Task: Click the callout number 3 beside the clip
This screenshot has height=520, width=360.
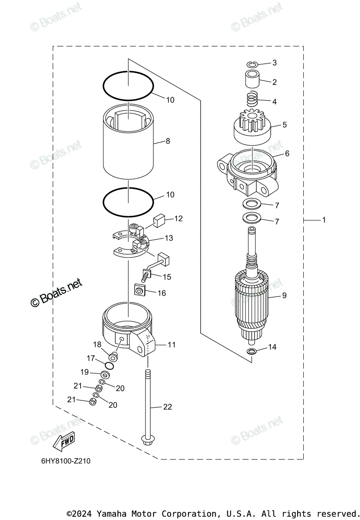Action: point(274,63)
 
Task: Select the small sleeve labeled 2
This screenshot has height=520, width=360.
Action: point(252,80)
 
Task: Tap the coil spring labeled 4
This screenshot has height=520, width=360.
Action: point(252,101)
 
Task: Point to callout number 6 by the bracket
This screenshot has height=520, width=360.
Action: point(287,153)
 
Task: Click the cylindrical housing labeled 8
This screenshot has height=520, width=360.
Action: point(128,143)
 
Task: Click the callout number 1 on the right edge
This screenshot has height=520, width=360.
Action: point(323,220)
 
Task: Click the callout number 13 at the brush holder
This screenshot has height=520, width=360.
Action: point(168,238)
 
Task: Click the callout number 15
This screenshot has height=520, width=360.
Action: point(167,276)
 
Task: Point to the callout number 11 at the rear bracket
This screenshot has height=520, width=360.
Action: point(172,345)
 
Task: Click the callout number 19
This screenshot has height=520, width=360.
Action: point(84,372)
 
